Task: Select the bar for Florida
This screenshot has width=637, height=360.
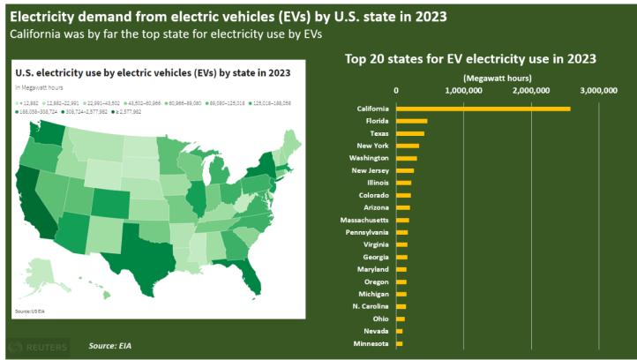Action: pos(412,121)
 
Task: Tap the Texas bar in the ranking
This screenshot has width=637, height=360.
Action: pos(410,133)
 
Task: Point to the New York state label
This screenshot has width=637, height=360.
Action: pos(372,146)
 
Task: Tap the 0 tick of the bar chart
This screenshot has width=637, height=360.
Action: pos(397,90)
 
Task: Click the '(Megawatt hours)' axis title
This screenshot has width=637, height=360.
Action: pos(497,78)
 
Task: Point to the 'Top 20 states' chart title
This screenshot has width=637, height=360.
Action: pos(471,59)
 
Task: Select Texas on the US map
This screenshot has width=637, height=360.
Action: pos(141,243)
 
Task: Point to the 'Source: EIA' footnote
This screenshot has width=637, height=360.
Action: pos(116,345)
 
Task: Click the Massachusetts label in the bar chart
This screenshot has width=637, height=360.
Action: pos(364,220)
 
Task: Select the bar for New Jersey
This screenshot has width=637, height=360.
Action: pos(406,170)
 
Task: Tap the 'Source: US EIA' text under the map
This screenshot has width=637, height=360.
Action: pos(29,311)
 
